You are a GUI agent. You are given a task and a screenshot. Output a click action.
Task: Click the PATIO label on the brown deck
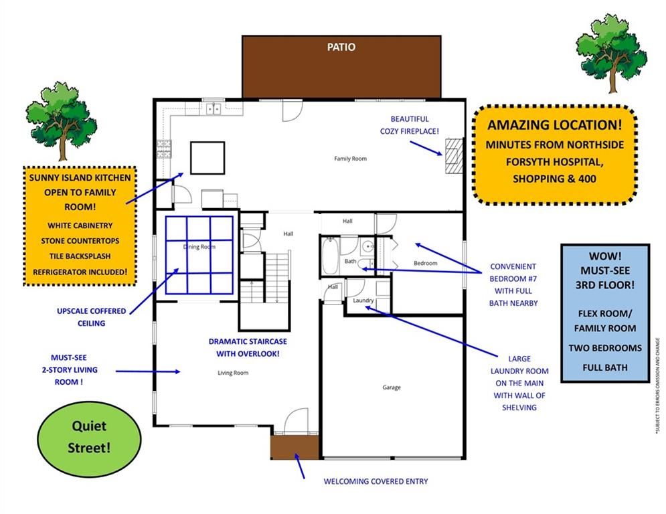pyautogui.click(x=341, y=47)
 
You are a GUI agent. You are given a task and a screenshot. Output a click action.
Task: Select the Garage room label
pyautogui.click(x=392, y=388)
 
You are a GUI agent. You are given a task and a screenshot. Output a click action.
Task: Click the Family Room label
pyautogui.click(x=351, y=159)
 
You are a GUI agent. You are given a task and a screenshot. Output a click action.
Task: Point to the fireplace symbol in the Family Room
pyautogui.click(x=454, y=156)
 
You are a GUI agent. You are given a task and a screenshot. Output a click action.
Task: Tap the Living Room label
pyautogui.click(x=233, y=373)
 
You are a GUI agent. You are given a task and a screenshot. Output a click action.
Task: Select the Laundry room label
pyautogui.click(x=363, y=301)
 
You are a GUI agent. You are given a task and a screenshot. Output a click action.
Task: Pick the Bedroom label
pyautogui.click(x=425, y=263)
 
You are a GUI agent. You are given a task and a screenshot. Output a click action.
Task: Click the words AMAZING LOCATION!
pyautogui.click(x=554, y=124)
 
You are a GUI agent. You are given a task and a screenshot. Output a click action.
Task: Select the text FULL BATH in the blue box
pyautogui.click(x=604, y=367)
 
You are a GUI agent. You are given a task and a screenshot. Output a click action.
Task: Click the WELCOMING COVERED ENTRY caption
pyautogui.click(x=376, y=481)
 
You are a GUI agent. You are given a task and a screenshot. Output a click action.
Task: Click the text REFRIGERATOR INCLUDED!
pyautogui.click(x=80, y=272)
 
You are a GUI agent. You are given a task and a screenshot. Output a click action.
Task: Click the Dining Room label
pyautogui.click(x=199, y=247)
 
